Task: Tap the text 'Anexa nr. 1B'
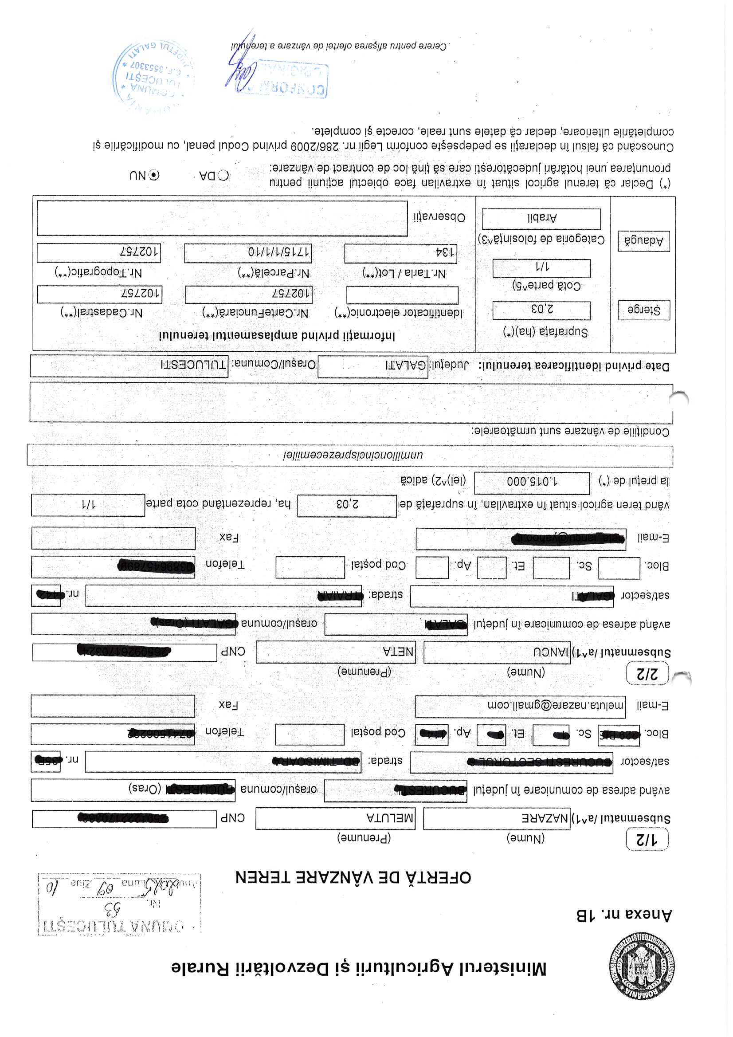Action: click(625, 915)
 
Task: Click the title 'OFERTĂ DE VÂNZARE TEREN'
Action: click(353, 878)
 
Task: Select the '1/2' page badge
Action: click(647, 839)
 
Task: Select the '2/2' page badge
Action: click(647, 673)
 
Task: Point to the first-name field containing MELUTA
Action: click(335, 818)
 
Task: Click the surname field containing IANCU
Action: click(497, 652)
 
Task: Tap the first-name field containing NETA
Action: click(335, 652)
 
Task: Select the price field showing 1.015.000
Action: click(532, 483)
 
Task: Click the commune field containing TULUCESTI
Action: click(129, 365)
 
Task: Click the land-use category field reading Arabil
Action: click(541, 219)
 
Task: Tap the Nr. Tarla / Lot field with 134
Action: click(400, 253)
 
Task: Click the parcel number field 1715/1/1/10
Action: click(247, 252)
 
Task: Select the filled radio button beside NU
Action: click(154, 175)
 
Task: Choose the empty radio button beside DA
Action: click(223, 175)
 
